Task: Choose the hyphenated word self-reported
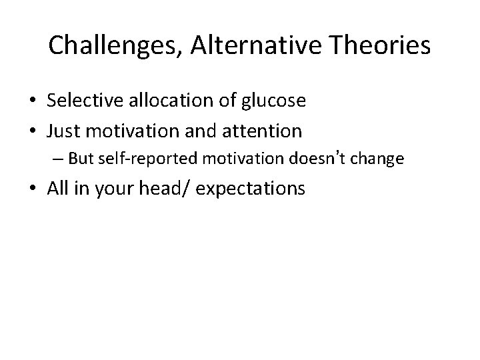coord(135,159)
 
